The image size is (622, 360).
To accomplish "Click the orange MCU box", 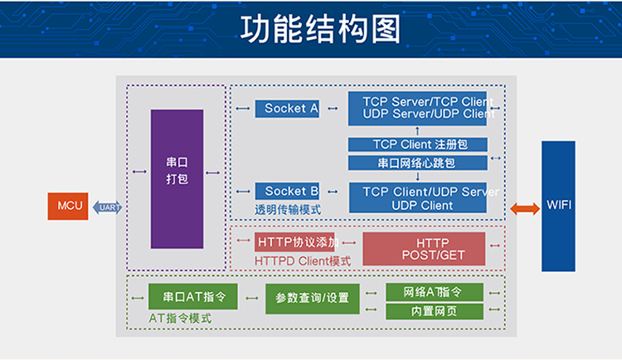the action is (68, 206).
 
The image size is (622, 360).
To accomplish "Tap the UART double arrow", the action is (107, 207).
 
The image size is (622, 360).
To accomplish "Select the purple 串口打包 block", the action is (177, 179).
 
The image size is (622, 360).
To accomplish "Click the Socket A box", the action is (287, 109).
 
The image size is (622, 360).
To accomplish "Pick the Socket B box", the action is (287, 191).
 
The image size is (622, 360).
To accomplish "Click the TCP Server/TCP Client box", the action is (417, 109).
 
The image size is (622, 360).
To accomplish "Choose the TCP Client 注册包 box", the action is (418, 144).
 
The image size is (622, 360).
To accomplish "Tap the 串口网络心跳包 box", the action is (418, 163).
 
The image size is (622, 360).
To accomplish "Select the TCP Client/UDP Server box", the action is (418, 197).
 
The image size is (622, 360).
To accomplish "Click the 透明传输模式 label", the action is (288, 210).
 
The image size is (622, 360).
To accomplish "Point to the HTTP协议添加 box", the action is (294, 241).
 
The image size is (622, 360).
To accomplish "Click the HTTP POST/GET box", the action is (424, 249).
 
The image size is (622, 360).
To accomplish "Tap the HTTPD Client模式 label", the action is (303, 261).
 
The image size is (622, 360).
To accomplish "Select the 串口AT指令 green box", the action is (193, 296).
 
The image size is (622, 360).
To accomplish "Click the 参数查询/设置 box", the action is (313, 299).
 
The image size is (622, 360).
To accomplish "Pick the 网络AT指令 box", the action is (435, 292).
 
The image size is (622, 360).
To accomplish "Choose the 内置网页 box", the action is (435, 311).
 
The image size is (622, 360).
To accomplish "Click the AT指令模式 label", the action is (180, 319).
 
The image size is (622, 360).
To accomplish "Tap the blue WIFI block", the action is (558, 206).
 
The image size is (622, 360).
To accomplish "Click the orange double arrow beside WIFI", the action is (525, 208).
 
